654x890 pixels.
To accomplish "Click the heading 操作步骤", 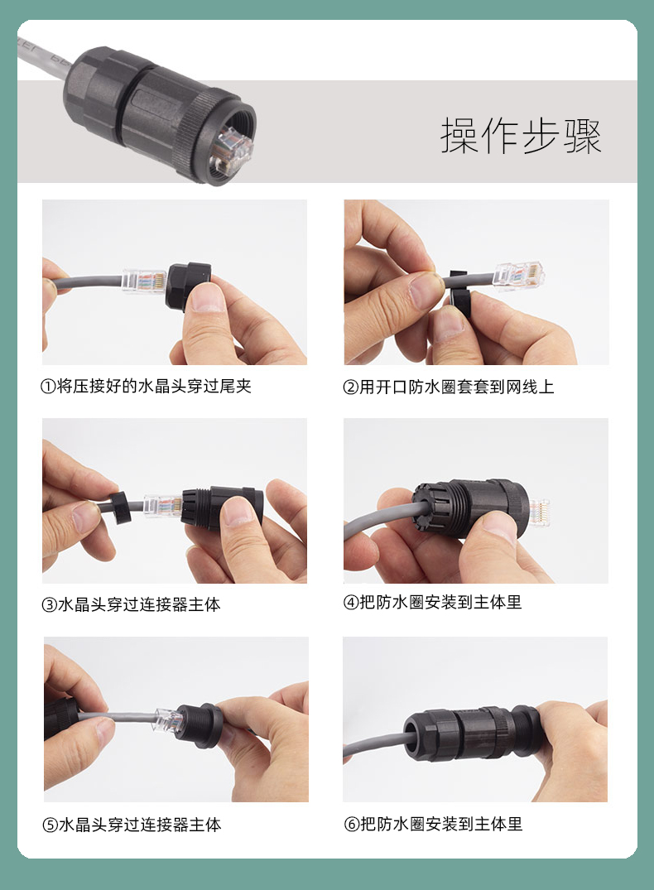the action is tap(521, 136).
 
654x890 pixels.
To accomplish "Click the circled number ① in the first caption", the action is tap(47, 387).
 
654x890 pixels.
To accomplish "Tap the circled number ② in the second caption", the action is tap(350, 387).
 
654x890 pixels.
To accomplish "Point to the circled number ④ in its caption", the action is tap(351, 602).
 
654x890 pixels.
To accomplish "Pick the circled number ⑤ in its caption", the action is tap(50, 825).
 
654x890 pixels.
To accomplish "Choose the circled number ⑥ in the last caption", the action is tap(351, 824).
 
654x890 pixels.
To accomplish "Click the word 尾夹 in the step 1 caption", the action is tap(235, 387).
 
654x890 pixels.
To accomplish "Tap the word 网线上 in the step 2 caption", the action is tap(530, 387).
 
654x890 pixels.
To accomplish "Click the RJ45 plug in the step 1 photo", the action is tap(144, 280).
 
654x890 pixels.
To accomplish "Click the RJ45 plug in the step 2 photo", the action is tap(519, 276).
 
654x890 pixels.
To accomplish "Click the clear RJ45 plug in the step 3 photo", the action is tap(163, 507).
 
